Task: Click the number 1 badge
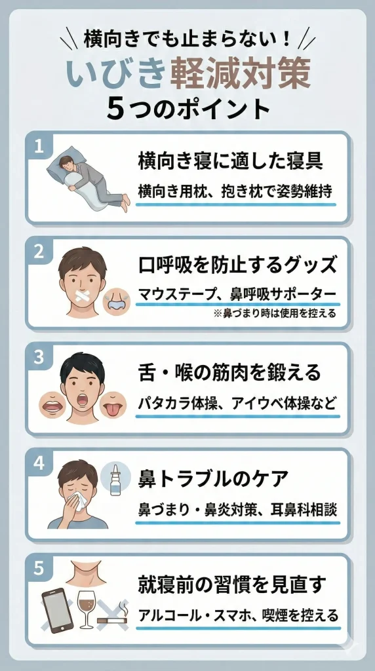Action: pos(39,146)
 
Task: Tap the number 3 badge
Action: pos(39,357)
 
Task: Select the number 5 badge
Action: pos(39,568)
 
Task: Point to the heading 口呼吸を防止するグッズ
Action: pos(238,265)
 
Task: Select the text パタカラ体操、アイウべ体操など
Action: pos(237,400)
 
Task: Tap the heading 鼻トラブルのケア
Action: pos(214,478)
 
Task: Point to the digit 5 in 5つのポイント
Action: pos(115,109)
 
